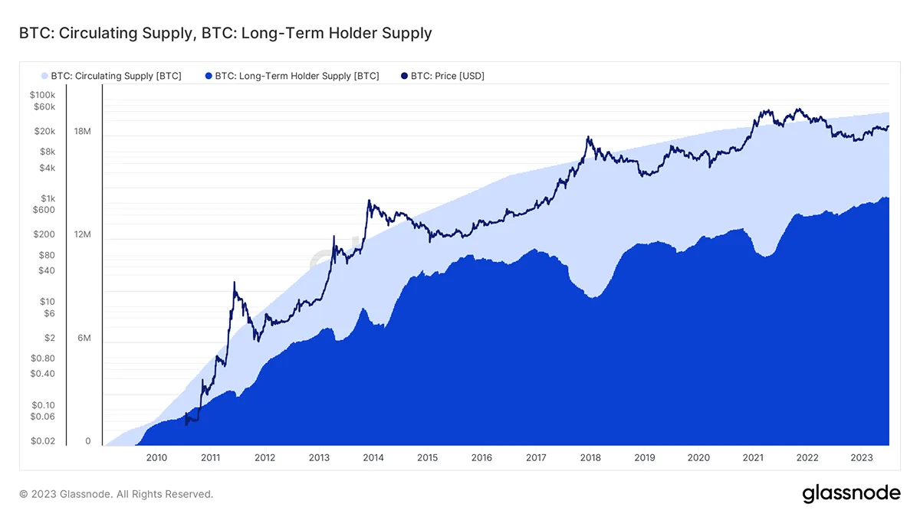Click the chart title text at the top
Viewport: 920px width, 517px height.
pos(225,33)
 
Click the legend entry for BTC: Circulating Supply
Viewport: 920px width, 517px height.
pos(110,76)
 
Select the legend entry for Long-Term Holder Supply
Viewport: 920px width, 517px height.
pos(291,76)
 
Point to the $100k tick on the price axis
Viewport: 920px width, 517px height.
pos(42,94)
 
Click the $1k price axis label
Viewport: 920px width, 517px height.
pos(48,198)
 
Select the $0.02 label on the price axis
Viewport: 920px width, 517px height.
pos(43,441)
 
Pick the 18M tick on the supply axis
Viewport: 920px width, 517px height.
pos(83,132)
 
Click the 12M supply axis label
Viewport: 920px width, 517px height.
pos(83,234)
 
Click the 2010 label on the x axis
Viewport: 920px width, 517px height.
pos(156,458)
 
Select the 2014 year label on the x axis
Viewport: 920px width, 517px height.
pos(373,458)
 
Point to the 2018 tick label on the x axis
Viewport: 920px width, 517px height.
pos(590,458)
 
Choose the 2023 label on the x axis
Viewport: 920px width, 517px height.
pos(862,458)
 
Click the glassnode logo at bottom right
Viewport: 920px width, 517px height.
pos(851,494)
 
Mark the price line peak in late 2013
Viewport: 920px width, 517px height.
pos(369,201)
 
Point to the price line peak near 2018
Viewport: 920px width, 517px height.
pos(587,137)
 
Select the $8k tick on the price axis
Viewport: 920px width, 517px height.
pos(47,152)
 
